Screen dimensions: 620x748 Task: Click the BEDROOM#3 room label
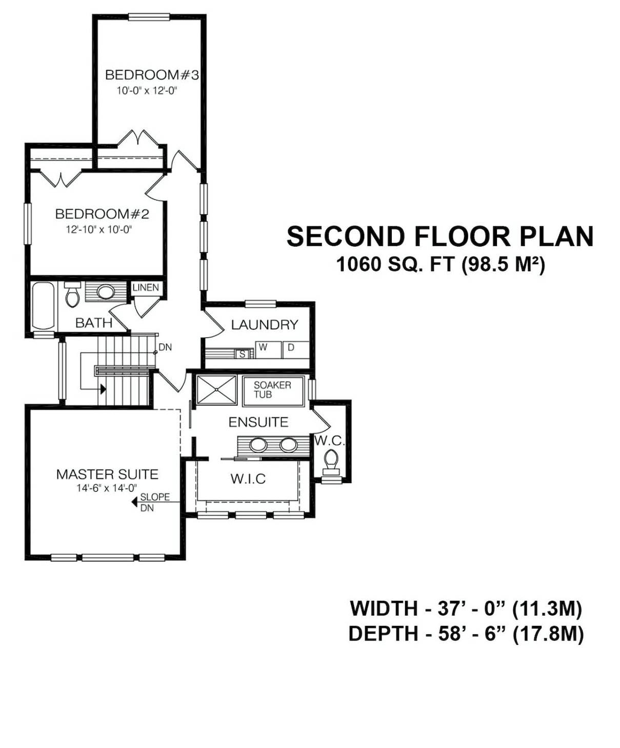pos(152,75)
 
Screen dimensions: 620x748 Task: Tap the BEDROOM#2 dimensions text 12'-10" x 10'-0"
pos(99,229)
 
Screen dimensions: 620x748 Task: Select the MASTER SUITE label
pos(107,474)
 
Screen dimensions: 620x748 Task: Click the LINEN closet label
pos(146,287)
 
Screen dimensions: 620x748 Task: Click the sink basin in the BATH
pos(106,292)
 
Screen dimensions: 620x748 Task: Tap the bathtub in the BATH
pos(43,306)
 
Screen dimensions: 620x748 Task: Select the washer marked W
pos(268,350)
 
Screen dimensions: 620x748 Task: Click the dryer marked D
pos(296,350)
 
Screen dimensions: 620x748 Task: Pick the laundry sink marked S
pos(242,354)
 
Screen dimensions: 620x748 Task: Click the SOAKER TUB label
pos(272,390)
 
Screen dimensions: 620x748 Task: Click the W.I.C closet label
pos(248,479)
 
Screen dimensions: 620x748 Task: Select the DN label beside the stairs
pos(165,347)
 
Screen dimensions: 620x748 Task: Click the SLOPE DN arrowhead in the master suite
pos(135,502)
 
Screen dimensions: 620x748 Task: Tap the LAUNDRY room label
pos(265,325)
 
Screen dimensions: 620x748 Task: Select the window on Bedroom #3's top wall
pos(149,17)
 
